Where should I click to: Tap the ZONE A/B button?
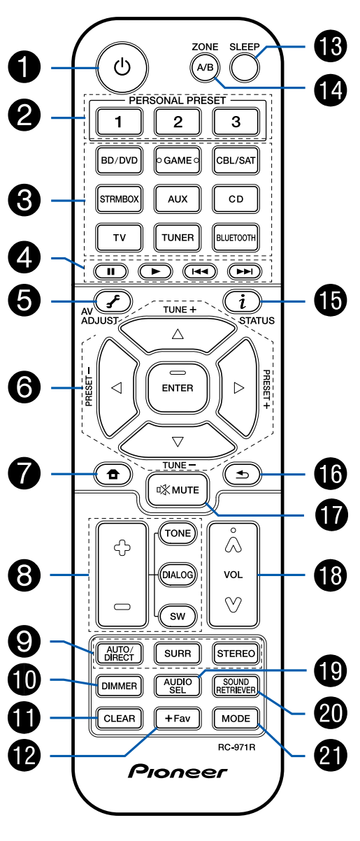coord(205,68)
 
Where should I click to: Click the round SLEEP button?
coord(245,68)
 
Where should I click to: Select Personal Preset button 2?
coord(178,122)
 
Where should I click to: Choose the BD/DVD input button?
coord(120,160)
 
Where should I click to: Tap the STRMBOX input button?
coord(120,199)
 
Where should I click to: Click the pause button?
coord(111,271)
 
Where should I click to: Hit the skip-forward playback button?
coord(245,271)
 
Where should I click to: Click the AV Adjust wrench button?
coord(113,301)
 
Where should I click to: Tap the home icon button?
coord(113,475)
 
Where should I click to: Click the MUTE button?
coord(178,490)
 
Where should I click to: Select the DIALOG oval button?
coord(178,575)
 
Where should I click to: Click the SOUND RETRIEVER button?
coord(236,686)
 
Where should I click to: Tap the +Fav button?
coord(178,718)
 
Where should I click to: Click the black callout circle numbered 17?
coord(331,515)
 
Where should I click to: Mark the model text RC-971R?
coord(236,747)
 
